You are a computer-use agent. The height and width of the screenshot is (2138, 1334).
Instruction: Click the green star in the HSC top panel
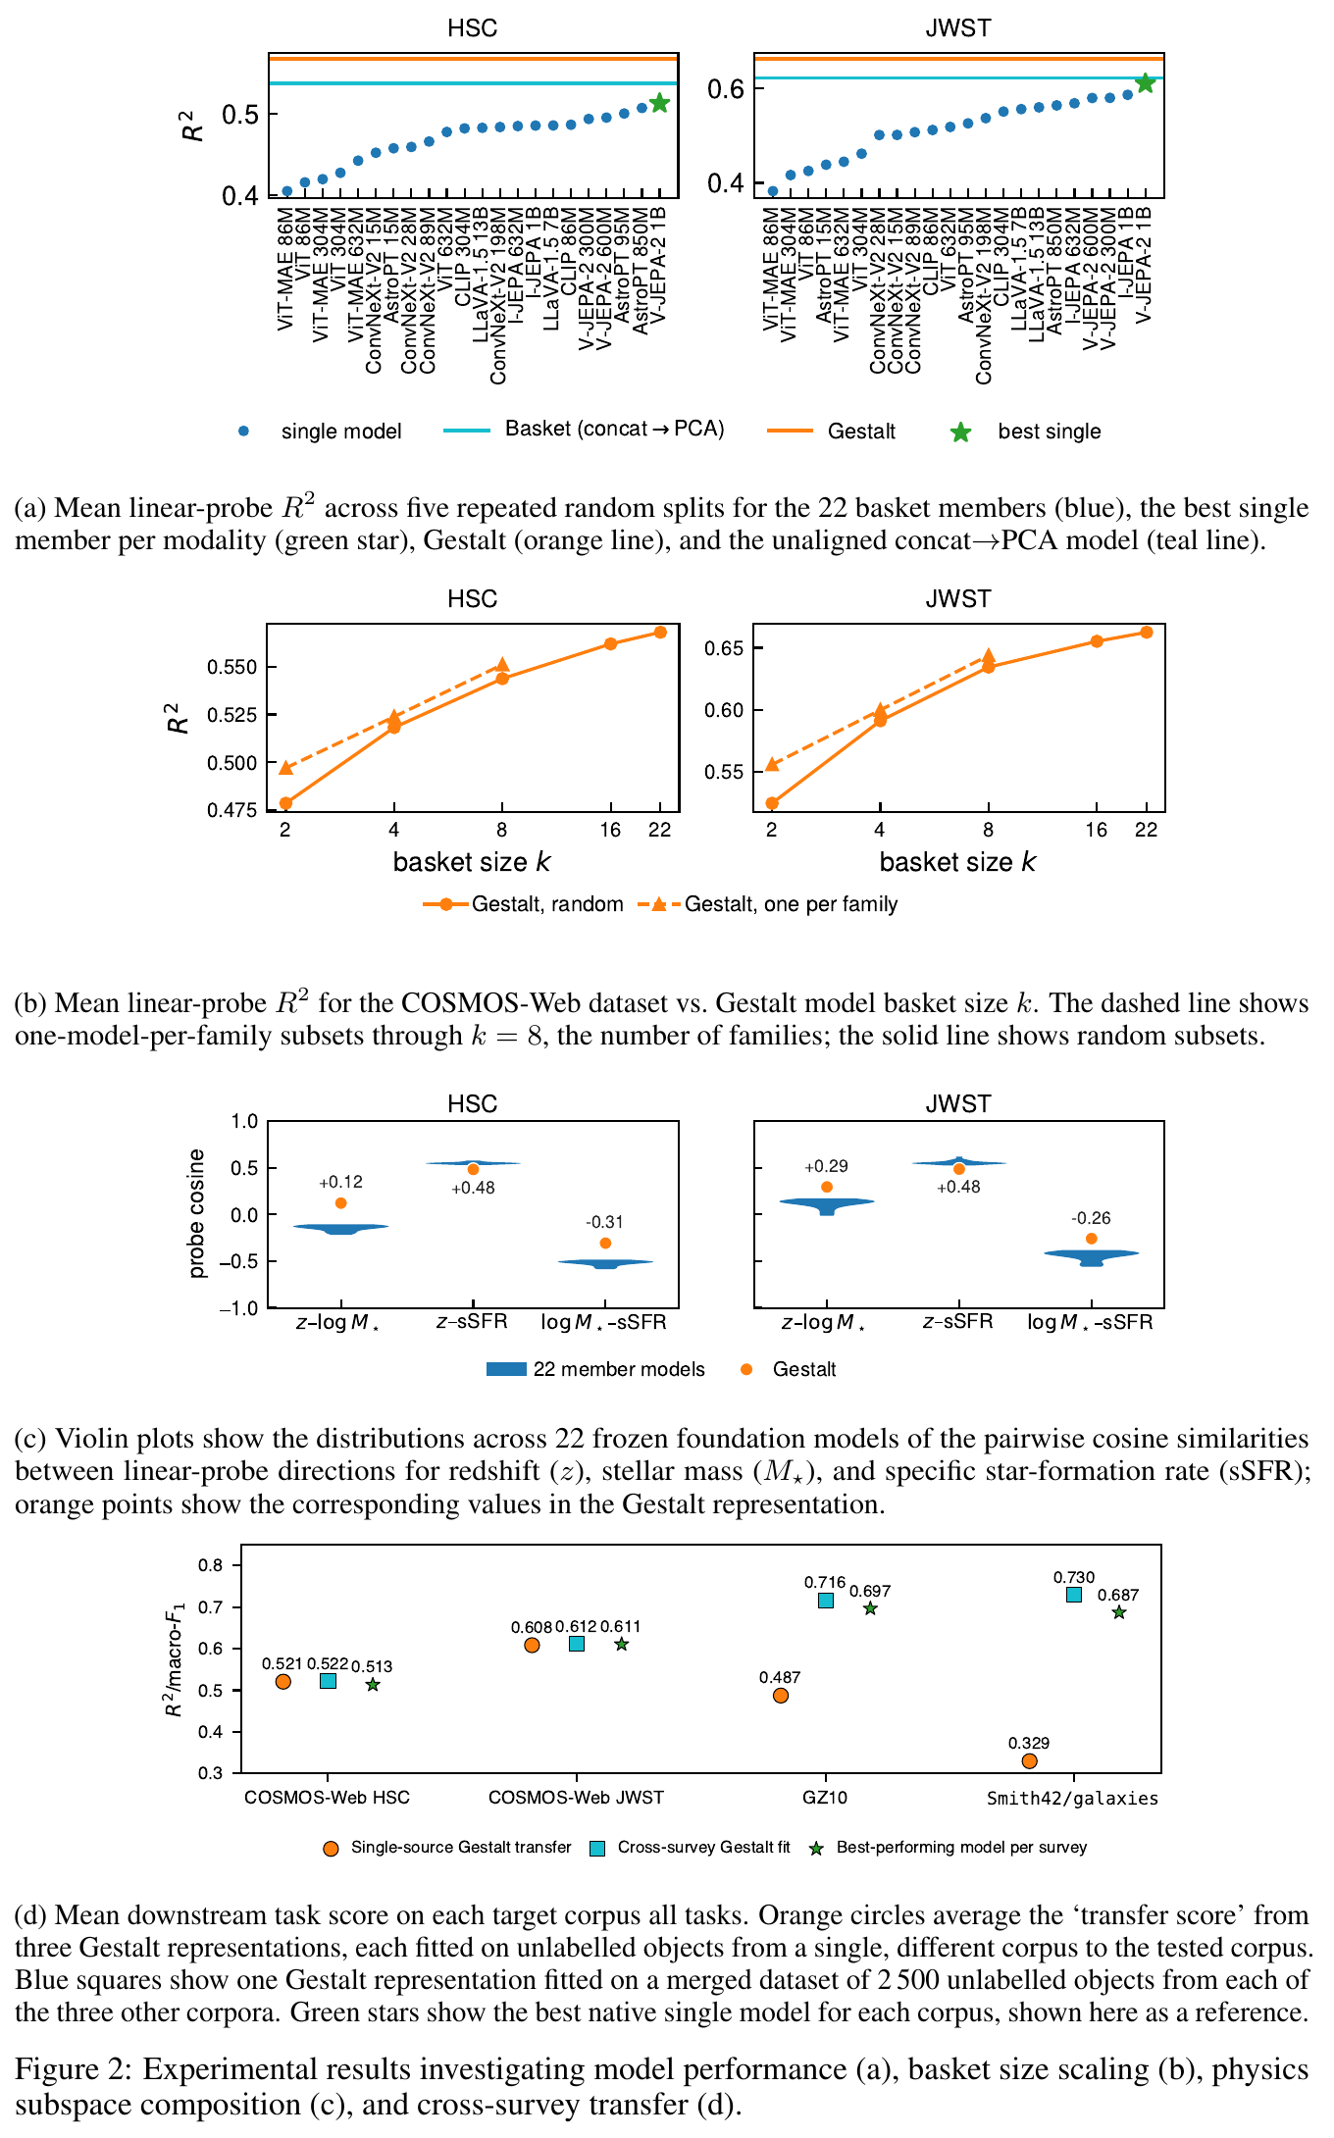(659, 103)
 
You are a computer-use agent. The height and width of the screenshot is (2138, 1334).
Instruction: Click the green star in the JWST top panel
(1145, 83)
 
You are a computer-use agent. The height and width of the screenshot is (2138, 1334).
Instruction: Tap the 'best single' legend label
(1050, 432)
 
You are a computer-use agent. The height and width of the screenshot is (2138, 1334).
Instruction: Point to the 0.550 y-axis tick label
(232, 667)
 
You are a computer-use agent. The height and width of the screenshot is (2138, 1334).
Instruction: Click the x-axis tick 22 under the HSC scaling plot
(660, 830)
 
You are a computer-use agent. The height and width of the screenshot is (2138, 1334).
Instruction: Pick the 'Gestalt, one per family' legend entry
(768, 904)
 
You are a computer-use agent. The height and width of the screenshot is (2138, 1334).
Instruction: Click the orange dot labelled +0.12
(340, 1203)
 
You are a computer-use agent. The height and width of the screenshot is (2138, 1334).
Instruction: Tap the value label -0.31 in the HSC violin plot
(604, 1222)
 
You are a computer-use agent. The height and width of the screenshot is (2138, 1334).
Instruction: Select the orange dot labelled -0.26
(1091, 1239)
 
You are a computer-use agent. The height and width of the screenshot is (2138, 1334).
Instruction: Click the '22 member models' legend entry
(595, 1369)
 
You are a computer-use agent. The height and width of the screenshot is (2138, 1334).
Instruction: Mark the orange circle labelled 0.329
(1029, 1761)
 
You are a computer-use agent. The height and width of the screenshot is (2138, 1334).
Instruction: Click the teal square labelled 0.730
(1074, 1595)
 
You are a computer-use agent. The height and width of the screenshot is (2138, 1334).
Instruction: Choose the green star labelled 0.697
(870, 1608)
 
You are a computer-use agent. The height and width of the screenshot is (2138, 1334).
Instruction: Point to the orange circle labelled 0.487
(781, 1696)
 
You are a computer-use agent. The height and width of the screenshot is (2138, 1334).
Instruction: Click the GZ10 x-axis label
(825, 1798)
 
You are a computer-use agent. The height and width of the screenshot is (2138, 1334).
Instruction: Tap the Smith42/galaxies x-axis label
(1072, 1799)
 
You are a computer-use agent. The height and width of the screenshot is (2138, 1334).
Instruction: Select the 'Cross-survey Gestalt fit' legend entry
(690, 1848)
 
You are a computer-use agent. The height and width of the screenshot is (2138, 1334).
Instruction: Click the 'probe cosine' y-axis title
(196, 1213)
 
